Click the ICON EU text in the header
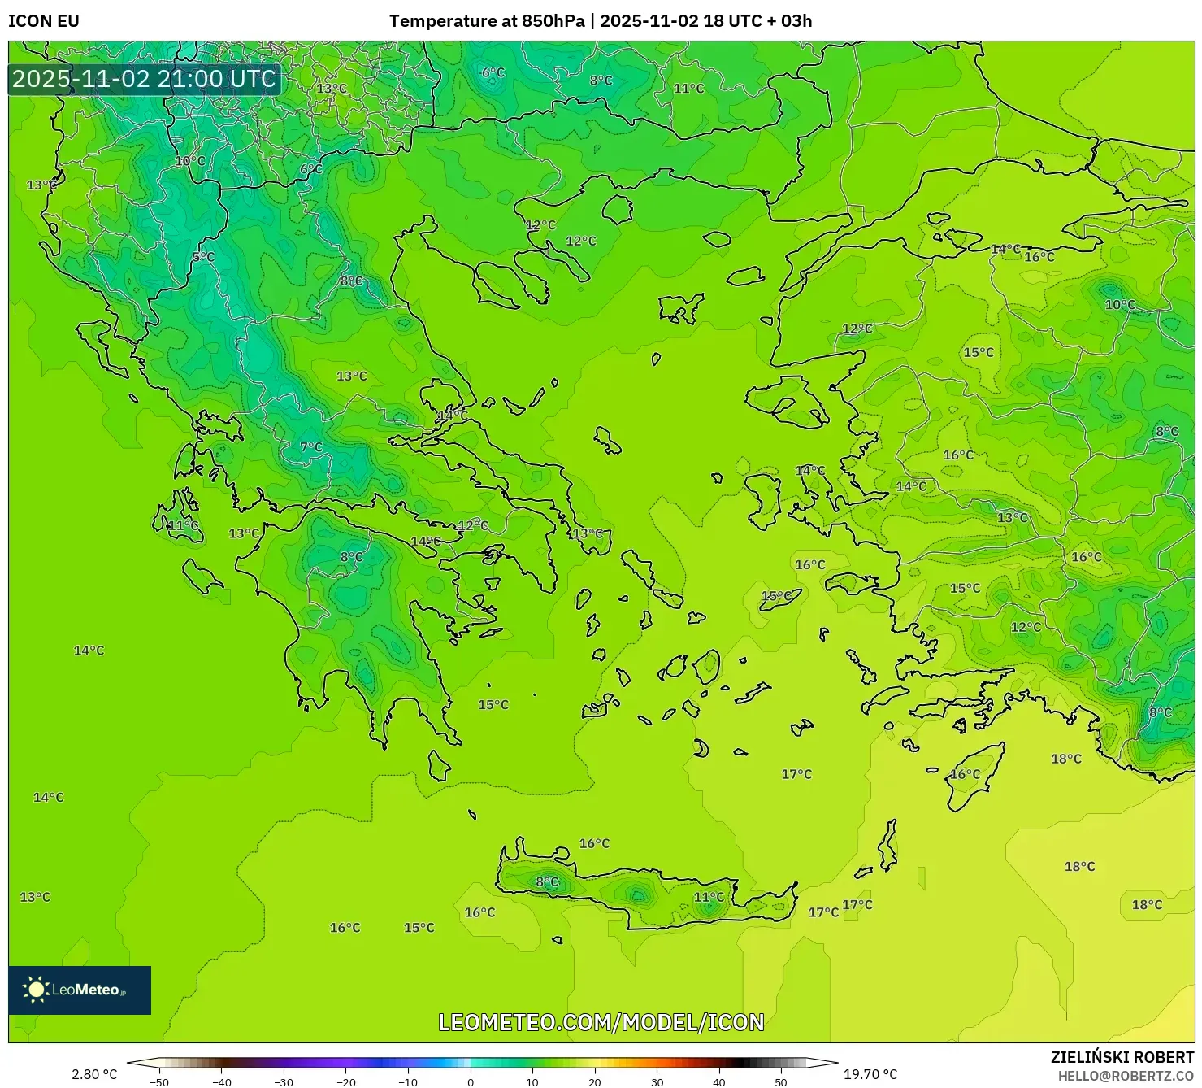44,21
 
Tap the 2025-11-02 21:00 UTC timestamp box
145,79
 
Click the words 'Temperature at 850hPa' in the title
486,21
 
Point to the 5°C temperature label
203,257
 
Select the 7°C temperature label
310,447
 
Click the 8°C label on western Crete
547,881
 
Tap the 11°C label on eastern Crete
709,897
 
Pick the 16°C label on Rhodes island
965,774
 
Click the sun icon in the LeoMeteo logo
36,990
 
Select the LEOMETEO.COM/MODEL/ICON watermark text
601,1022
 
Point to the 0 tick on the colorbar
471,1081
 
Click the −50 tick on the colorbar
159,1081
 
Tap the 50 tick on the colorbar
781,1081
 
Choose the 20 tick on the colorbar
595,1081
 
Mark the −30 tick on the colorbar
284,1081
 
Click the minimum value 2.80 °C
94,1074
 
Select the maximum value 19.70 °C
870,1074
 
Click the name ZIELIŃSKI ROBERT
1122,1057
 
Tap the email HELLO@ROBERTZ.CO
1125,1076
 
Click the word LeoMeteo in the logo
86,990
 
